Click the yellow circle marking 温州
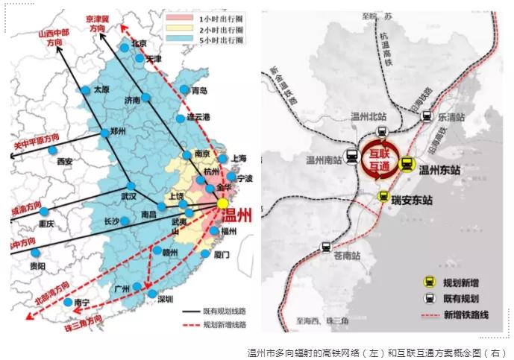222,203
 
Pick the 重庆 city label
47,224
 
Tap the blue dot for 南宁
68,302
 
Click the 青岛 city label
199,91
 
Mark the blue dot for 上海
222,158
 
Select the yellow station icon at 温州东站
407,165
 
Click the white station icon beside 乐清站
425,116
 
